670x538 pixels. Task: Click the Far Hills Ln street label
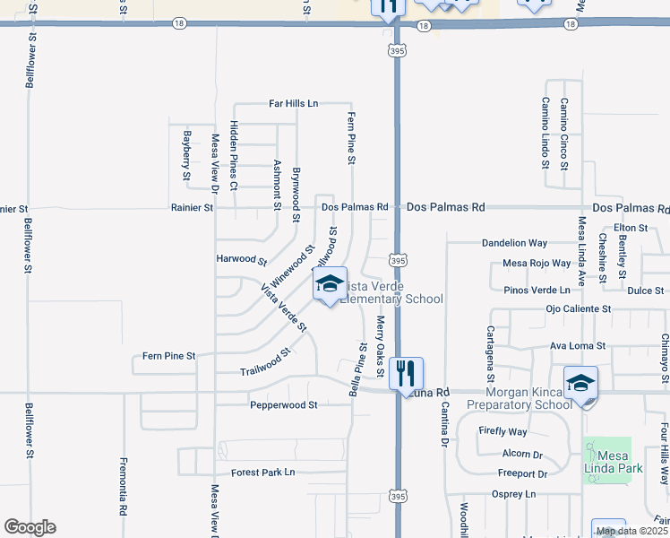[294, 104]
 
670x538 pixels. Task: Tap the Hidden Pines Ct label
[234, 155]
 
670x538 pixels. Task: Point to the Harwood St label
[242, 260]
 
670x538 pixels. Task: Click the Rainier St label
[192, 208]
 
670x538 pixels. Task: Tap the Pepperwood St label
[284, 405]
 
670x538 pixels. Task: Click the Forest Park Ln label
[262, 473]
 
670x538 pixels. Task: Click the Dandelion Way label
[514, 243]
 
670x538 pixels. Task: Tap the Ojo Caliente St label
[579, 308]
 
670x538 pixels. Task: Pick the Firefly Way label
[502, 431]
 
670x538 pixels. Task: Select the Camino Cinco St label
[563, 133]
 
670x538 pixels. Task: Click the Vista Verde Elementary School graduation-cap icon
[330, 284]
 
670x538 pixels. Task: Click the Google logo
[30, 527]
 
